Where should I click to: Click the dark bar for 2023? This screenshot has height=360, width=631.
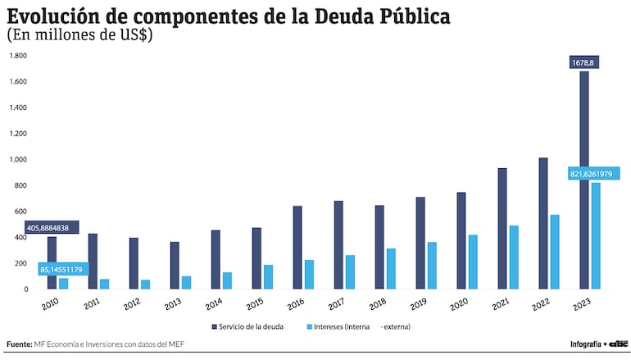tap(584, 180)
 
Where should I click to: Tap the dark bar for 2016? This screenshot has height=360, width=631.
tap(297, 247)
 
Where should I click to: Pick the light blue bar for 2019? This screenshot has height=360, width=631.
tap(432, 266)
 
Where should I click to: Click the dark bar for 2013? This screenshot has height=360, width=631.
tap(175, 265)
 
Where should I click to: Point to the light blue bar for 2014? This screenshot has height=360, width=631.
tap(227, 280)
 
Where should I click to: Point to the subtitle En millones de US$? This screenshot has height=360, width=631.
tap(80, 35)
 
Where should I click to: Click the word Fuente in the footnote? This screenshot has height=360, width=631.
tap(19, 344)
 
